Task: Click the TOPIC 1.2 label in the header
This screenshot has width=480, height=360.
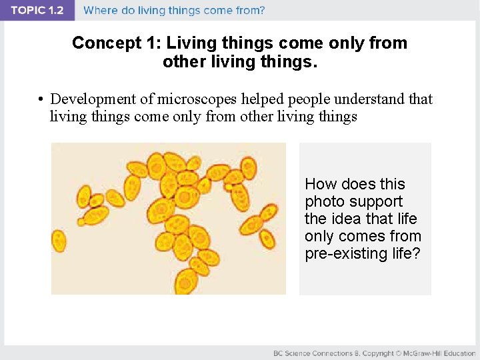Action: (x=37, y=11)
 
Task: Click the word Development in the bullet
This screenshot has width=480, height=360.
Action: (x=93, y=99)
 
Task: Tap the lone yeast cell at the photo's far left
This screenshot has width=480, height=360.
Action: (x=59, y=240)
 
